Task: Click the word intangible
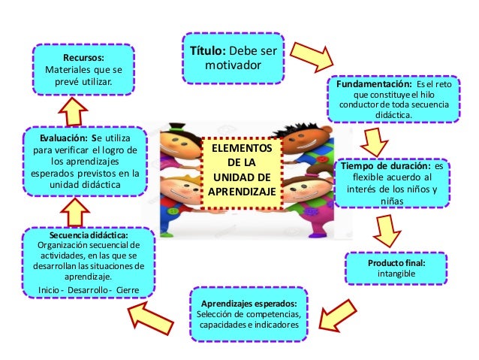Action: click(x=396, y=274)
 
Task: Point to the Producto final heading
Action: click(x=396, y=263)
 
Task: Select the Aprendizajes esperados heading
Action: click(x=249, y=301)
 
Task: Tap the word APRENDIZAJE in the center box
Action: click(x=242, y=192)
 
